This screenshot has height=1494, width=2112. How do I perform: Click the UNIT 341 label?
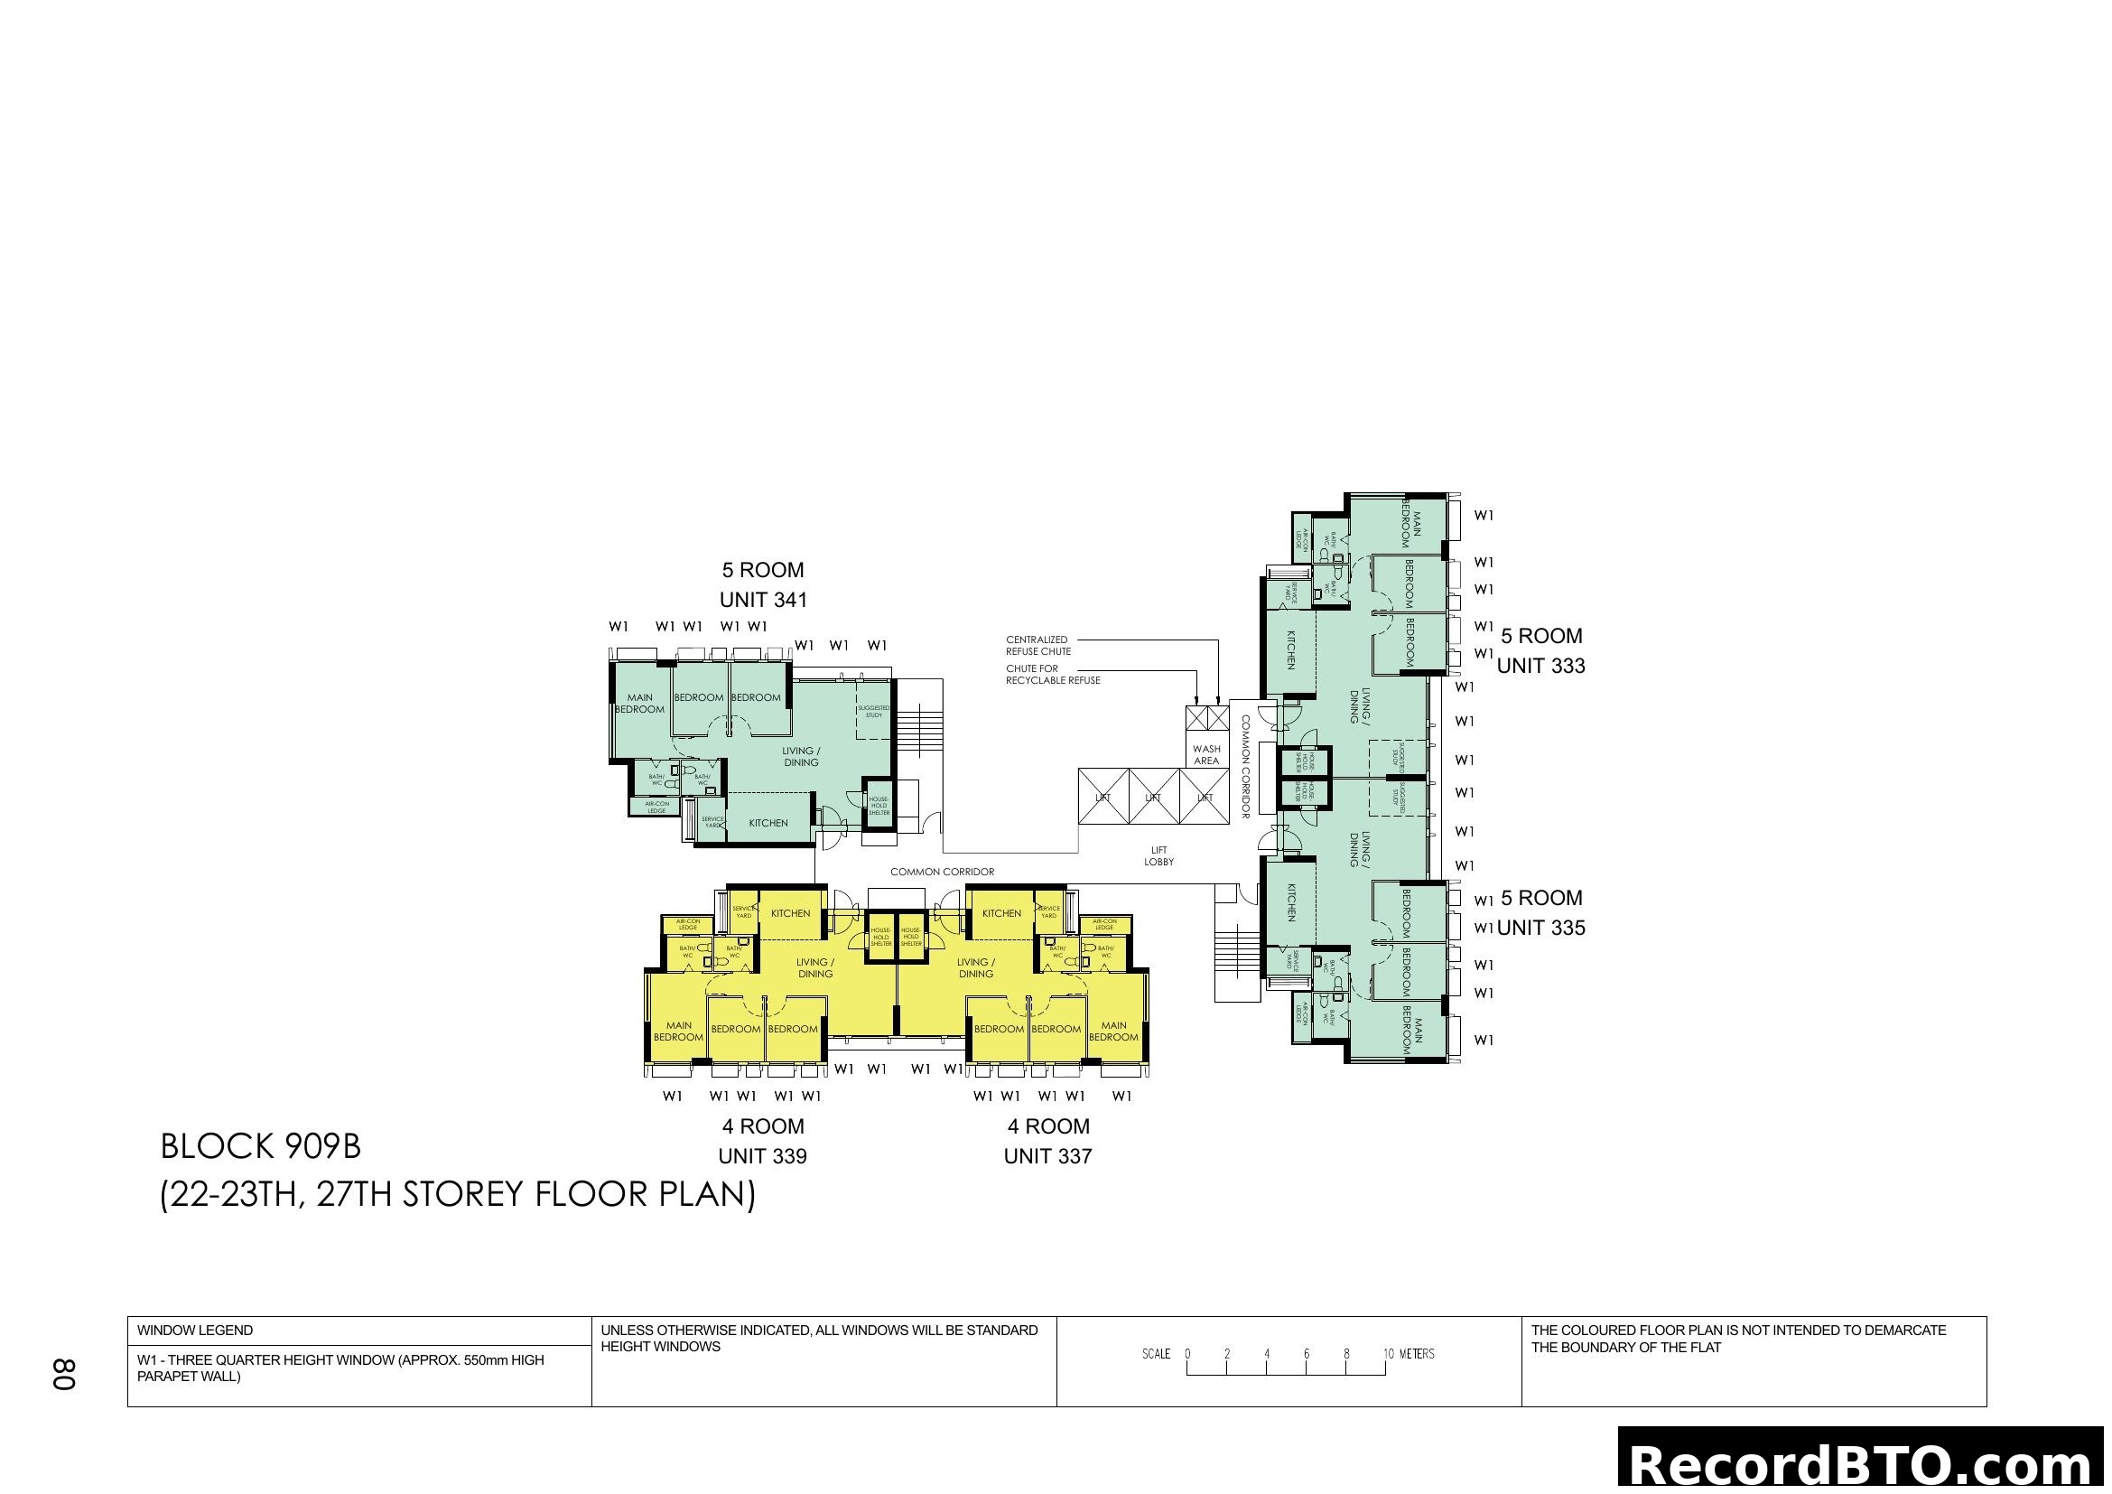pyautogui.click(x=763, y=600)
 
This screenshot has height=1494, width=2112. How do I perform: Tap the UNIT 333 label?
pyautogui.click(x=1540, y=666)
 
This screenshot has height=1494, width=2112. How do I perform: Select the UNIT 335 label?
pyautogui.click(x=1540, y=928)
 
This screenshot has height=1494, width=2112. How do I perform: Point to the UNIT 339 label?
pyautogui.click(x=762, y=1156)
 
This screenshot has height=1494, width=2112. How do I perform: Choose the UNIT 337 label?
pyautogui.click(x=1047, y=1156)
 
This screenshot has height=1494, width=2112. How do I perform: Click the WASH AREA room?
pyautogui.click(x=1206, y=754)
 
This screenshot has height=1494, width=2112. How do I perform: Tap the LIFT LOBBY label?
pyautogui.click(x=1158, y=855)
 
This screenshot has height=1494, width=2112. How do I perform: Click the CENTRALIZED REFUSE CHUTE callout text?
pyautogui.click(x=1037, y=645)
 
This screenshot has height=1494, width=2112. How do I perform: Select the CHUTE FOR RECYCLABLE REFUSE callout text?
pyautogui.click(x=1052, y=675)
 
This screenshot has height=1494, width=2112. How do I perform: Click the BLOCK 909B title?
pyautogui.click(x=260, y=1146)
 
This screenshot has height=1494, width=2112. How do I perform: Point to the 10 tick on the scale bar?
pyautogui.click(x=1386, y=1353)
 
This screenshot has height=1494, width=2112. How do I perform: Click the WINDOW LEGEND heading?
pyautogui.click(x=195, y=1331)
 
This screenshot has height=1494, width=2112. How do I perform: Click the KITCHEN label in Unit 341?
pyautogui.click(x=768, y=823)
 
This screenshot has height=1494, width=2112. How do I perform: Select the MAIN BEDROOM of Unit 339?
pyautogui.click(x=678, y=1032)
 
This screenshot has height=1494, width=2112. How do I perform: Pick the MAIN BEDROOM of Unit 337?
pyautogui.click(x=1113, y=1032)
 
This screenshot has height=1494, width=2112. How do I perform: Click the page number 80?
pyautogui.click(x=63, y=1374)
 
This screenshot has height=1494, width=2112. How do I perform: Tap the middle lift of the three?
pyautogui.click(x=1153, y=798)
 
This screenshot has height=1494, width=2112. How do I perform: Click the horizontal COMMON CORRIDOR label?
pyautogui.click(x=942, y=871)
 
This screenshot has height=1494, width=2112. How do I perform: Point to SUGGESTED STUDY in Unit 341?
pyautogui.click(x=873, y=711)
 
